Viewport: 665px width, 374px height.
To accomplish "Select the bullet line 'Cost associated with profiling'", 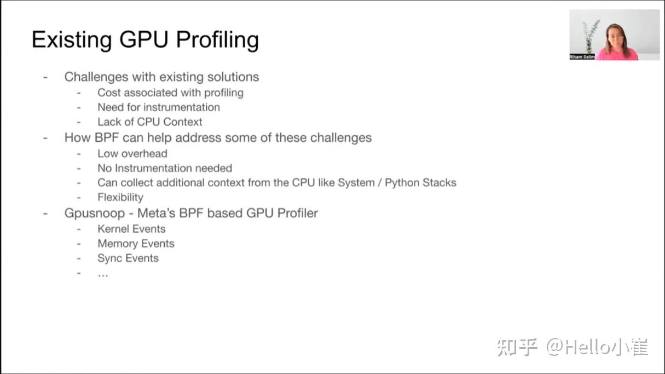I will (170, 93).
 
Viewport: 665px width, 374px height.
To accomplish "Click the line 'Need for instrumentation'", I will (159, 107).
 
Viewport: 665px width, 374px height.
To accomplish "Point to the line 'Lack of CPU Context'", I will (150, 122).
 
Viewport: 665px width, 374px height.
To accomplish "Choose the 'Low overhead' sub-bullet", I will (132, 154).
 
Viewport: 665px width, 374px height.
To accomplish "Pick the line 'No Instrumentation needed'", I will (165, 168).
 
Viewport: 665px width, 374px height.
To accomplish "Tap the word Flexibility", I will (120, 197).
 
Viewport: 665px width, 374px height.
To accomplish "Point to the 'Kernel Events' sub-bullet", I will (131, 229).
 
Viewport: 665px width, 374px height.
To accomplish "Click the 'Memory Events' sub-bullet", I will (136, 244).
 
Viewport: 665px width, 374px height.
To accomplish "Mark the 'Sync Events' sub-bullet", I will (128, 258).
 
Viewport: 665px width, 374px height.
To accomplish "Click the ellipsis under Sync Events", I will (103, 273).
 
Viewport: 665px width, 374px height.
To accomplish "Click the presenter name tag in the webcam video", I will (582, 57).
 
